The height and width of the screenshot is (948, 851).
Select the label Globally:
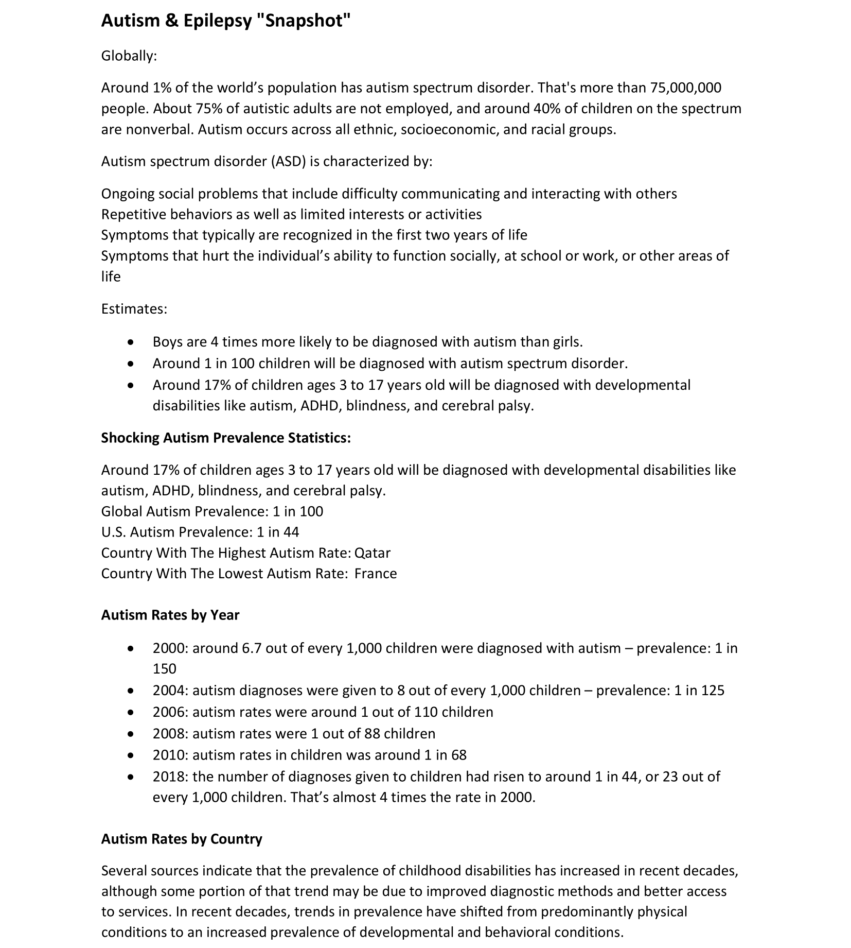tap(129, 56)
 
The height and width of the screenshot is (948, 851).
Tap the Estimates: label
tap(134, 309)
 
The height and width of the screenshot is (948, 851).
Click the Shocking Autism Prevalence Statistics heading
tap(226, 438)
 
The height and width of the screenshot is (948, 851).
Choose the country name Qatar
tap(372, 553)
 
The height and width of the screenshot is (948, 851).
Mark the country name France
tap(376, 574)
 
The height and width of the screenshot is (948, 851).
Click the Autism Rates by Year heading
tap(170, 615)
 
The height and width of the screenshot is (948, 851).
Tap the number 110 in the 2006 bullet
tap(418, 712)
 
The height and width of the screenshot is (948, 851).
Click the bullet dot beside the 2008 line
tap(132, 734)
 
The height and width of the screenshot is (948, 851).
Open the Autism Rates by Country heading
tap(182, 839)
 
